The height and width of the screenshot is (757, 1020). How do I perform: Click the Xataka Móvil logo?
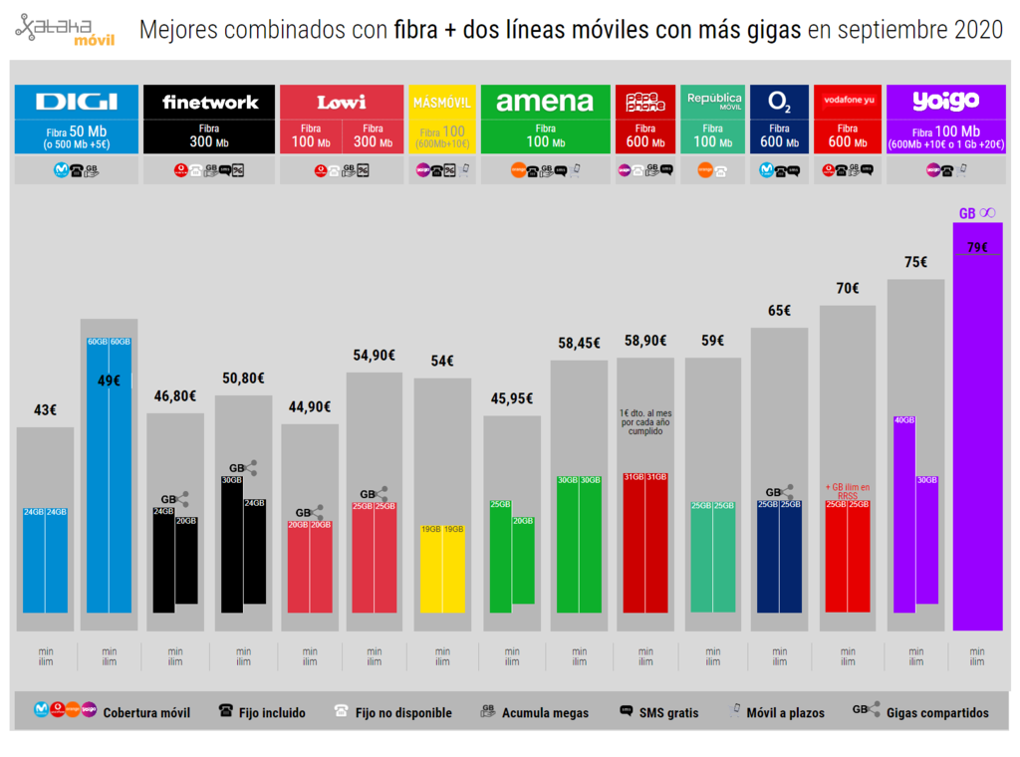[65, 30]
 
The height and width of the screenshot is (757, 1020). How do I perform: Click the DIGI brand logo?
[77, 102]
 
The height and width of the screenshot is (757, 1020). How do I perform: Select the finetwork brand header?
[210, 102]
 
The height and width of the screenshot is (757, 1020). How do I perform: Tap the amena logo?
[545, 102]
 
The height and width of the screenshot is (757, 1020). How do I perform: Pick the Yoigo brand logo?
[945, 102]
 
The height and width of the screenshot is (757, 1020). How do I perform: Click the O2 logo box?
[780, 102]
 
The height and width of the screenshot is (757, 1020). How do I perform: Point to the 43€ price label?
[45, 410]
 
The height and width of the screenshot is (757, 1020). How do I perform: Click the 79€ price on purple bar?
[977, 247]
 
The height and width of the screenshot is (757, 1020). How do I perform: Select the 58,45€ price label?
[579, 344]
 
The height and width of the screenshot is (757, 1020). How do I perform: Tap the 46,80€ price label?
[175, 396]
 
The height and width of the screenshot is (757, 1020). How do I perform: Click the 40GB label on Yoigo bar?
[904, 420]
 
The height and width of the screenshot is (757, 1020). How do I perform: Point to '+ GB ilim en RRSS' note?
[848, 490]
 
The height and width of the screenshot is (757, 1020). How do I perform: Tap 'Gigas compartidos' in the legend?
[937, 712]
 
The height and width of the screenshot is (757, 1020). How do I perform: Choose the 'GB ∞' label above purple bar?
[976, 213]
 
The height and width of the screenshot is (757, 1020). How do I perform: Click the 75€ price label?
[915, 263]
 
